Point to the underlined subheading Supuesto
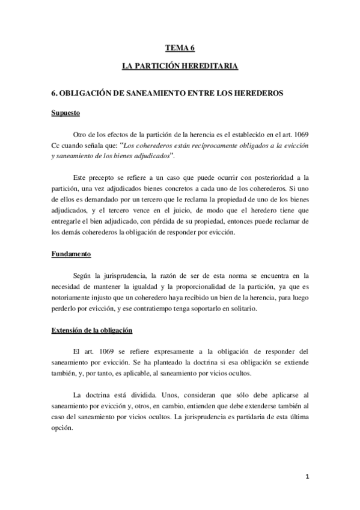coord(66,112)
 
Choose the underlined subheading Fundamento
coord(71,254)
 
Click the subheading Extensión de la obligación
coord(91,331)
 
